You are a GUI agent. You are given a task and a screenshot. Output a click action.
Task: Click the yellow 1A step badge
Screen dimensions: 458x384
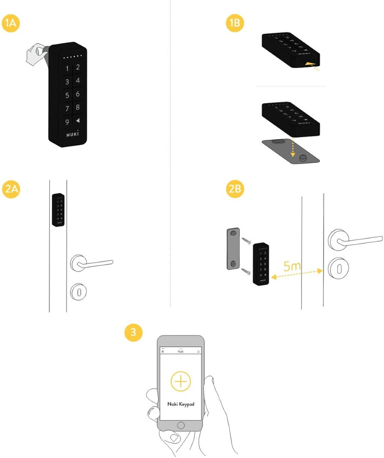(12, 24)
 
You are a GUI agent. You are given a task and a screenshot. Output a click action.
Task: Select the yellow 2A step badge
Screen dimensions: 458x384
(12, 189)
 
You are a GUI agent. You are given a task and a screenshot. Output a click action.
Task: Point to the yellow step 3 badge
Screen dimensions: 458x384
(133, 332)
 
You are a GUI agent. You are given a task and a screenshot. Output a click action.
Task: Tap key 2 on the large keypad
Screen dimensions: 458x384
(78, 67)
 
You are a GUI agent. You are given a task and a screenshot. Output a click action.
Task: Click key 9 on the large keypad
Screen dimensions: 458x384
(67, 122)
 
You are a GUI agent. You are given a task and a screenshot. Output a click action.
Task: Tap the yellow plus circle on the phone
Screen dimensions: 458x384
(181, 381)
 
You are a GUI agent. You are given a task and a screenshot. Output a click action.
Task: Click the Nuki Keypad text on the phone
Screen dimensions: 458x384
(180, 404)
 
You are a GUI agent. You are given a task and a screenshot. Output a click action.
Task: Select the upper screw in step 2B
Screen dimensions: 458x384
(245, 239)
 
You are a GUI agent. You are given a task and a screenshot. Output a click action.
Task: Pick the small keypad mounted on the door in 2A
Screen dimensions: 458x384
(58, 210)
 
